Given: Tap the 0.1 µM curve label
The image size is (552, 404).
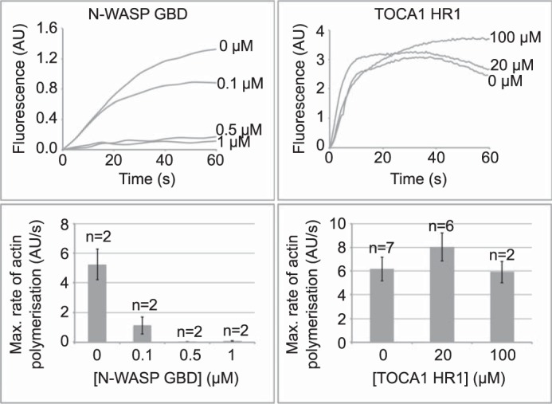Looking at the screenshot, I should (245, 82).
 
